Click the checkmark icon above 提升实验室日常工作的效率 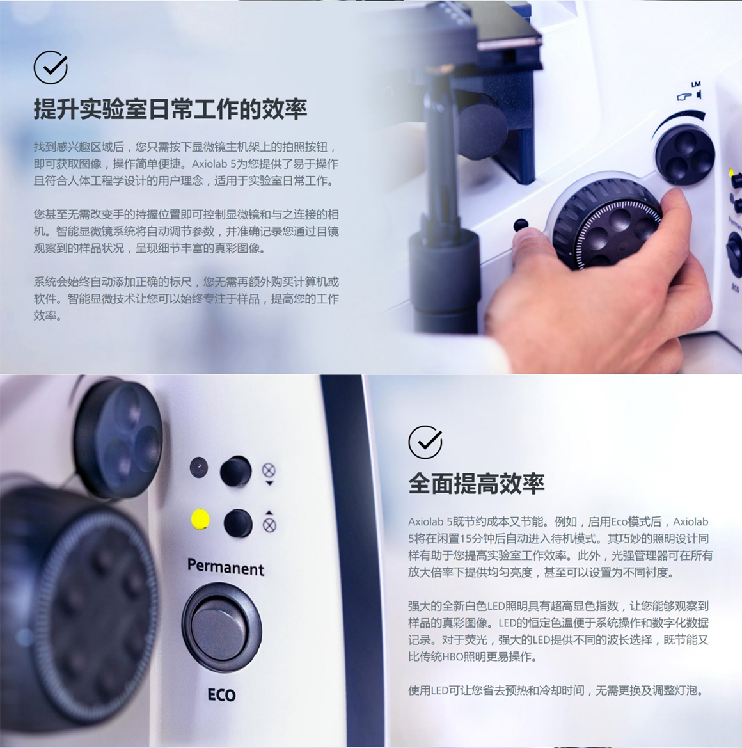click(x=51, y=67)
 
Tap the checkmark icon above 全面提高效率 click(x=425, y=442)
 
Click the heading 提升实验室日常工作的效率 click(x=170, y=109)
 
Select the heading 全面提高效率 click(x=477, y=484)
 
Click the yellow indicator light click(x=200, y=519)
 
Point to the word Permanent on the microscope click(x=226, y=567)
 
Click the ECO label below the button click(x=222, y=695)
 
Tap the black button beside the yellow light click(x=238, y=523)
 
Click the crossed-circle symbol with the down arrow click(x=269, y=473)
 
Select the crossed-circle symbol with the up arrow click(x=269, y=522)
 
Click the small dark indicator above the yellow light click(x=199, y=468)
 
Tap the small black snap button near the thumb click(x=521, y=225)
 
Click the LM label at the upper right click(x=696, y=84)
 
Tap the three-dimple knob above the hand click(x=685, y=154)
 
